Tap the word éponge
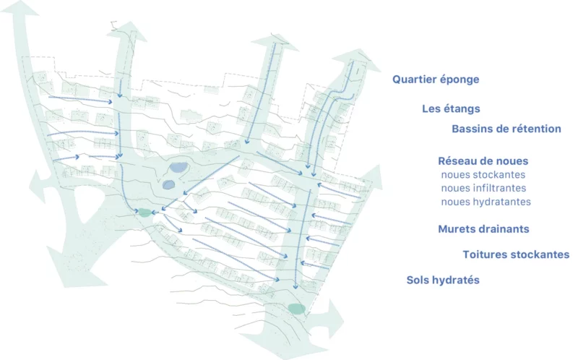coord(461,80)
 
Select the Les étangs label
coord(451,109)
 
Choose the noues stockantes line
coord(483,175)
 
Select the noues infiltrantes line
coord(483,188)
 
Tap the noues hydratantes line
coord(486,202)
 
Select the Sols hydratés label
coord(443,280)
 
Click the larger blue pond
coord(178,168)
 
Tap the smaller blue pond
coord(168,184)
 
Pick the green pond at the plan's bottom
coord(296,309)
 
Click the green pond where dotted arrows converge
coord(144,213)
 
